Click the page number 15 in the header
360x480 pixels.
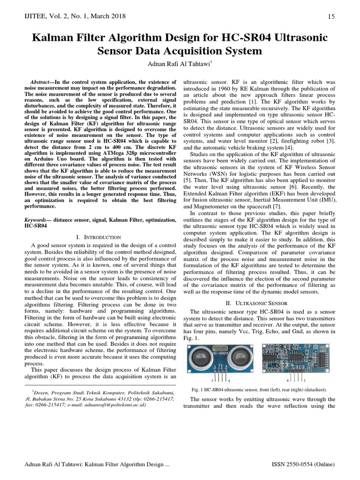(331, 17)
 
